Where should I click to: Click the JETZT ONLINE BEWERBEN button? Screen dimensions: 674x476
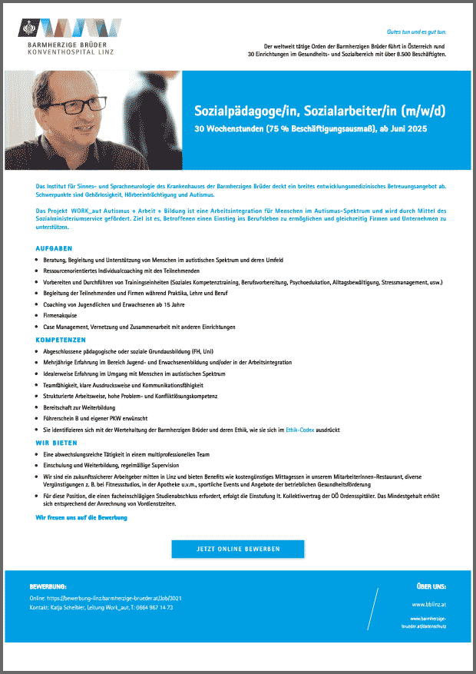point(238,549)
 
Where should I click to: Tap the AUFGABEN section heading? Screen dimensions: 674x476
point(55,249)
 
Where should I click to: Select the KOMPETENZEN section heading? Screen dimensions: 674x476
point(61,339)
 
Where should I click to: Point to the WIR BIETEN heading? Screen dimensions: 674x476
point(58,443)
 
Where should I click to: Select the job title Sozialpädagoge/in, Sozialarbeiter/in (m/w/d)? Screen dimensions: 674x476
point(325,112)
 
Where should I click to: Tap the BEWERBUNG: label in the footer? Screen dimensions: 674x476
point(48,586)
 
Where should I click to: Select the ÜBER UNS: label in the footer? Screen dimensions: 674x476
point(431,586)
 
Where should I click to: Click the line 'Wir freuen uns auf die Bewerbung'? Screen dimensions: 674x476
point(81,518)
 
